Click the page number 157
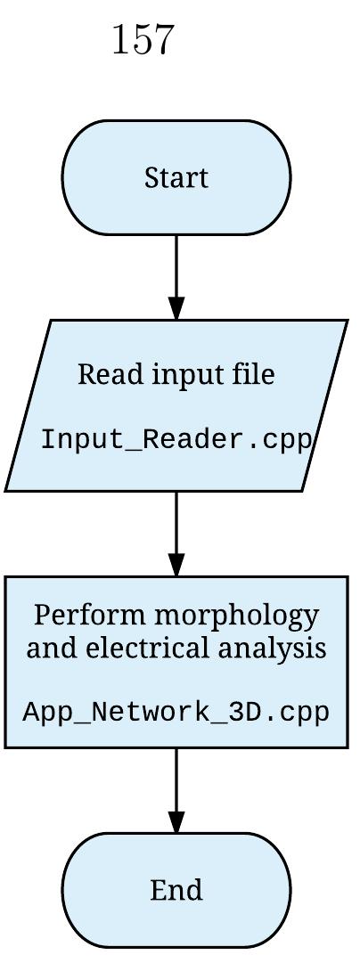[143, 41]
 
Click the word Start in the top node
[176, 178]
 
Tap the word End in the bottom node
[176, 890]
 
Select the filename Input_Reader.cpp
[176, 440]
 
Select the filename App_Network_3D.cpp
[176, 713]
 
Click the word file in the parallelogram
[253, 374]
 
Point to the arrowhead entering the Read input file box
[176, 306]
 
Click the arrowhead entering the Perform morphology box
[176, 564]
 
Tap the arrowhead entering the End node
[176, 820]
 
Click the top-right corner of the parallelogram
[346, 322]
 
